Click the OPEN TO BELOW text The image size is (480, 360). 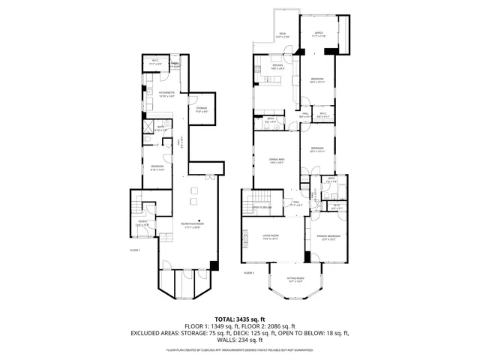tap(261, 208)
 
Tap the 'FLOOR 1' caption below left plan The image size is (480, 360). tap(135, 250)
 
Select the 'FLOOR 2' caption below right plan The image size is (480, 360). tap(249, 273)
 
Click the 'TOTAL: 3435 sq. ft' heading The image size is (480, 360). tap(240, 319)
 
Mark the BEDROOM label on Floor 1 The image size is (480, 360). tap(157, 166)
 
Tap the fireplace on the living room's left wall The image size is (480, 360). tap(243, 238)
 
